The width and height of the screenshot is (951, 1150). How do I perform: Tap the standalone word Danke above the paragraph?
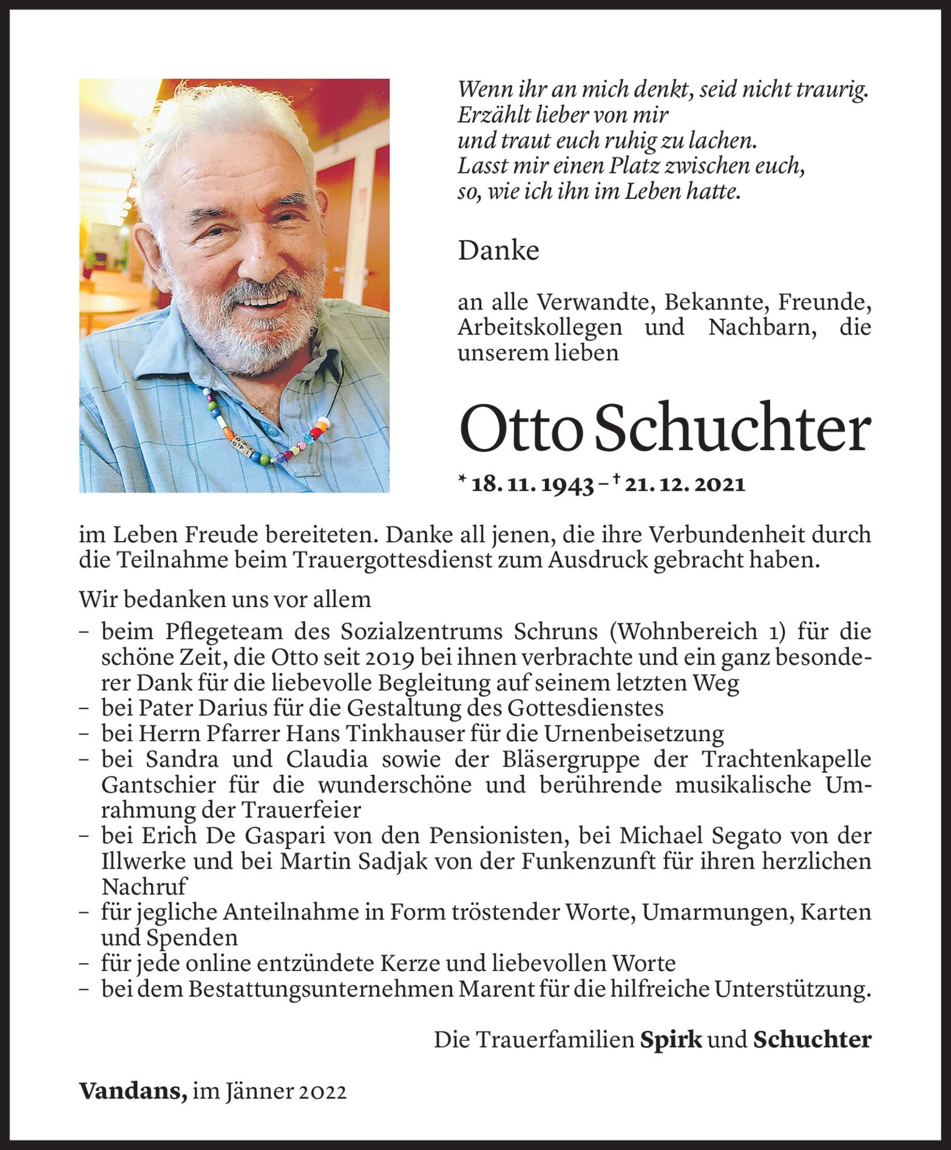tap(498, 251)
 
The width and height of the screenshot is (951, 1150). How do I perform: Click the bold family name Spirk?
tap(671, 1040)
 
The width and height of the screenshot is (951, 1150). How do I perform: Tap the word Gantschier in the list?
tap(158, 785)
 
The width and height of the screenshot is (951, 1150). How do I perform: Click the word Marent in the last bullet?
tap(499, 989)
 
